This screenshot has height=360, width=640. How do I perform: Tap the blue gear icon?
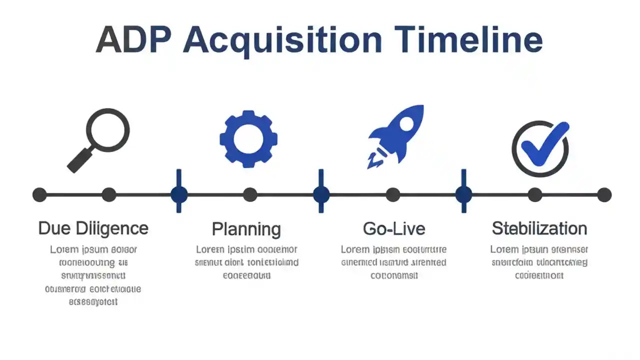[248, 138]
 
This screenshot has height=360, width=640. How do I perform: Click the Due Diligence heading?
[93, 228]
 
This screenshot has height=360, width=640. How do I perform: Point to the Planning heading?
[246, 229]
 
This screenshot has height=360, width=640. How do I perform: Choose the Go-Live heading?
[394, 228]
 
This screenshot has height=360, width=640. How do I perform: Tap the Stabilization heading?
[539, 228]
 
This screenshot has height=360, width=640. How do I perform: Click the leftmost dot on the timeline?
[39, 194]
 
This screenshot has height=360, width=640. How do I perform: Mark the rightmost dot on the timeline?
[604, 194]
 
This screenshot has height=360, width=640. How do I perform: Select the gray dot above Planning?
[250, 194]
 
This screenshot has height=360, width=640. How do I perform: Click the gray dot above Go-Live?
[393, 194]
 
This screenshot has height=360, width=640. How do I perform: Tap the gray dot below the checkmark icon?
[535, 194]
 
